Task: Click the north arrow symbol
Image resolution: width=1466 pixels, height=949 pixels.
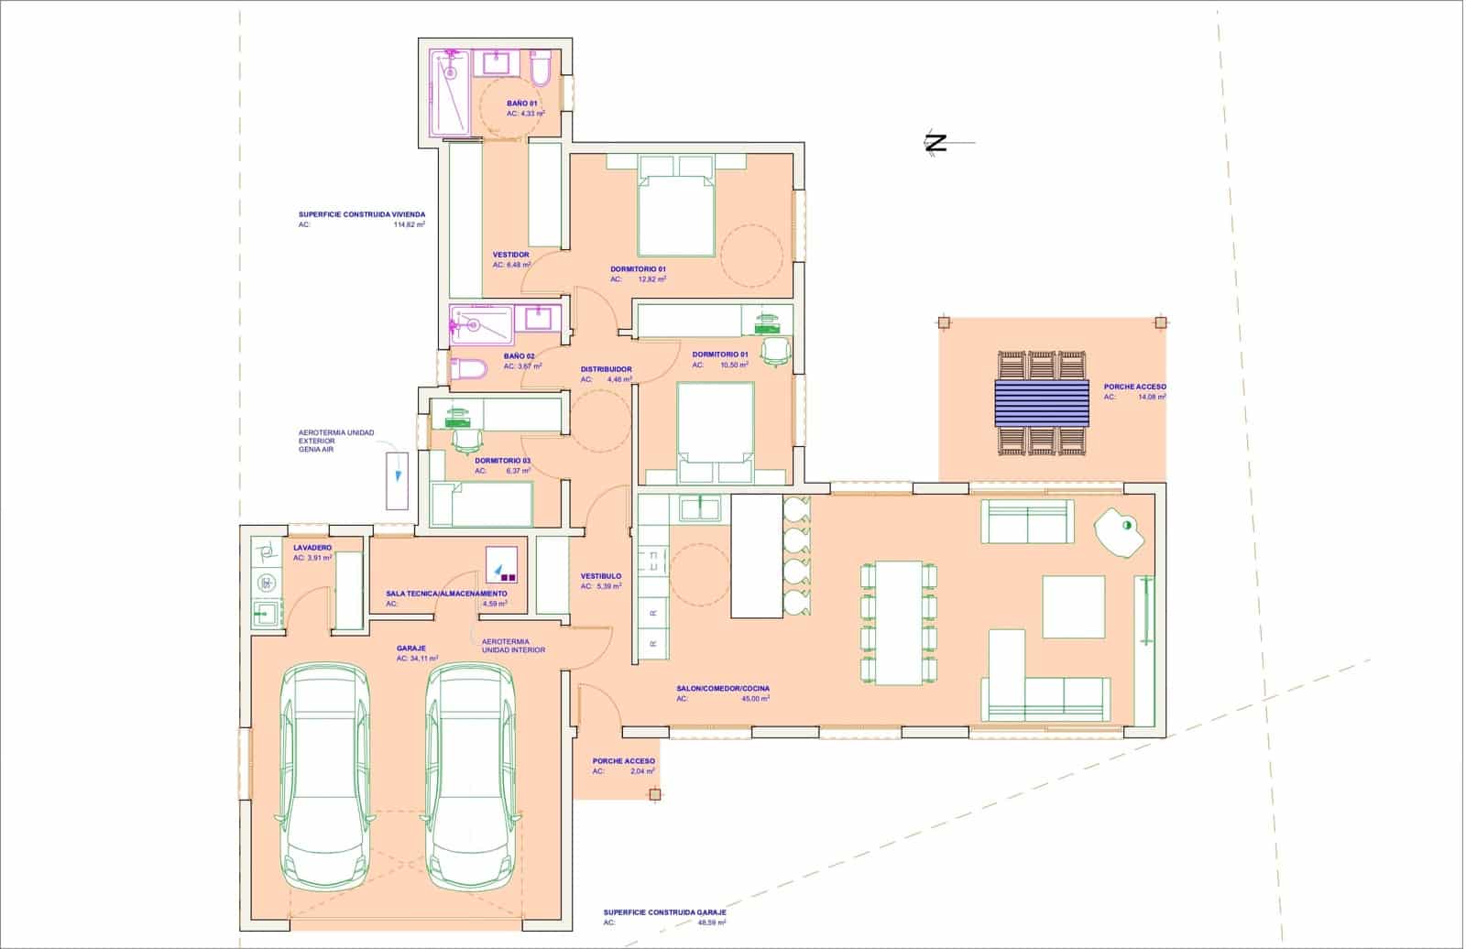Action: (x=936, y=142)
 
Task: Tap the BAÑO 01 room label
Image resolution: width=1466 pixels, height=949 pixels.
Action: (x=521, y=104)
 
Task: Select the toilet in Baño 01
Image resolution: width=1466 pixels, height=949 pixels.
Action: (x=540, y=68)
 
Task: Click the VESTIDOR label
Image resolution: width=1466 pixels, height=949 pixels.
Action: (x=510, y=255)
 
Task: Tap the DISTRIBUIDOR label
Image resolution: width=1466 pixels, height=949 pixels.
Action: (x=606, y=369)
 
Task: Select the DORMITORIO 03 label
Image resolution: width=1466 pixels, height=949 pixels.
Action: (x=502, y=460)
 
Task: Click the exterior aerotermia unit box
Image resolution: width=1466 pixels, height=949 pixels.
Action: (x=397, y=479)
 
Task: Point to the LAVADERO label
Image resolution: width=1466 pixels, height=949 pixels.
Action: (x=312, y=547)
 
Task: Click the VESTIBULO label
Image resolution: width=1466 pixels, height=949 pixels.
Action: (x=601, y=576)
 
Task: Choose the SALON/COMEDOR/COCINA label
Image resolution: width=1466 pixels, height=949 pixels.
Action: (x=723, y=688)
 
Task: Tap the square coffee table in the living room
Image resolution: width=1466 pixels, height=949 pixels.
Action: (x=1074, y=606)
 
